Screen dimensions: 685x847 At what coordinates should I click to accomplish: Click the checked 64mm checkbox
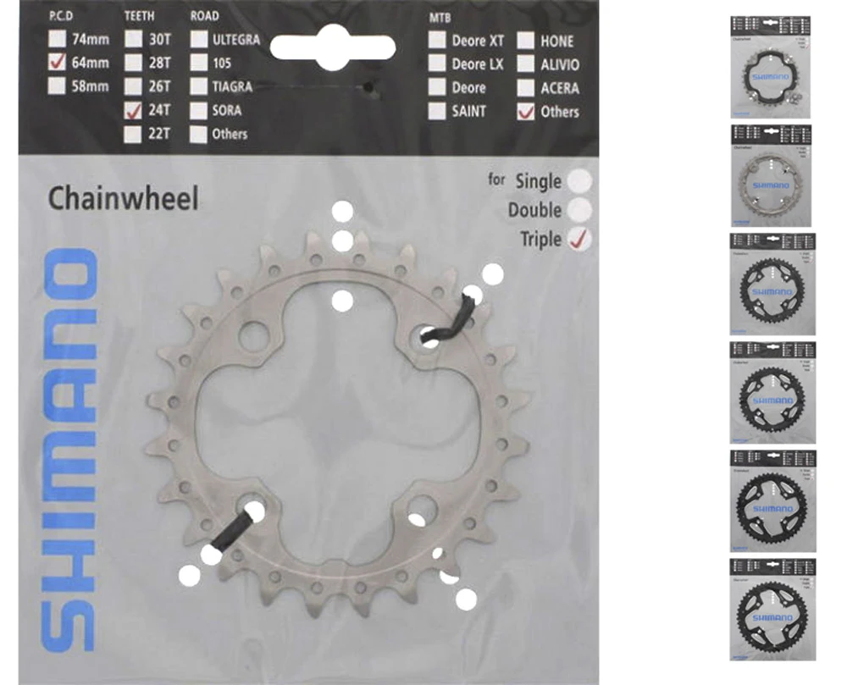(58, 62)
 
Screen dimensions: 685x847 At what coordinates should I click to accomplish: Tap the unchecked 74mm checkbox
(58, 39)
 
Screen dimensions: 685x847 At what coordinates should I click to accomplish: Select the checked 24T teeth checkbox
(133, 109)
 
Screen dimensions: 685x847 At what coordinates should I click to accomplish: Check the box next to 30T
(133, 39)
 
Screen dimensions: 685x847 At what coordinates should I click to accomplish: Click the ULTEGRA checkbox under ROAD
(199, 39)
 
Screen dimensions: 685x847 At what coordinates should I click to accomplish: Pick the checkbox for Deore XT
(437, 40)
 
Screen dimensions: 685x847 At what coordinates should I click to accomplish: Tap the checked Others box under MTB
(526, 111)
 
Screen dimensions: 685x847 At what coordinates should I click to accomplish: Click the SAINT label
(468, 111)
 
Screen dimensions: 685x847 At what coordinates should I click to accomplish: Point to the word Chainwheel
(123, 199)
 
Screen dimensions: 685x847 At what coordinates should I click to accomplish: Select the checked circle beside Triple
(579, 240)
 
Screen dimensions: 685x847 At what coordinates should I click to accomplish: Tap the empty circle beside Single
(579, 180)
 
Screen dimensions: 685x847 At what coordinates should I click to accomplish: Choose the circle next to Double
(579, 210)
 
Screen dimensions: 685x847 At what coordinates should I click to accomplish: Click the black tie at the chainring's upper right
(447, 324)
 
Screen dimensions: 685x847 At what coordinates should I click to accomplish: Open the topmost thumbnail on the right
(771, 66)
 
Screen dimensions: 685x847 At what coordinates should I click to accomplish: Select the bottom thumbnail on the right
(771, 609)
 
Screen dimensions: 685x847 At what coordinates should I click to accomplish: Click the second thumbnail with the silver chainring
(771, 175)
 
